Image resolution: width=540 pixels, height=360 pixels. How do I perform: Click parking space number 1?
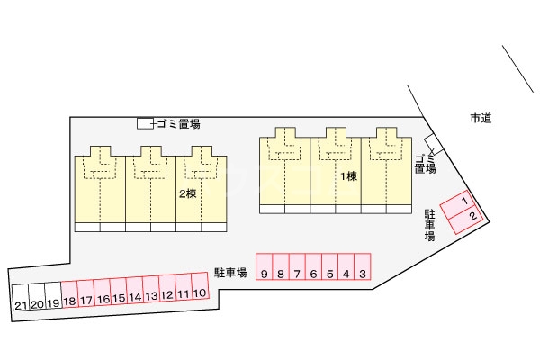(458, 204)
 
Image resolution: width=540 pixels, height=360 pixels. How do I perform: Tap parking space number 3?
(363, 266)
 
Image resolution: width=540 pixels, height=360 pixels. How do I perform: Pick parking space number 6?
(313, 266)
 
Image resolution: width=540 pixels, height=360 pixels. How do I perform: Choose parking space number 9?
(264, 266)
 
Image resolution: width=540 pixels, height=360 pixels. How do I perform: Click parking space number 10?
(200, 285)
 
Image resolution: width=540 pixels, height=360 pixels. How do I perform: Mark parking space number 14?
(135, 291)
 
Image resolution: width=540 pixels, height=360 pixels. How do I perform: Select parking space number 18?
(69, 294)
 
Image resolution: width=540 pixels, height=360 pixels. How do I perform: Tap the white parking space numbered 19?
(53, 296)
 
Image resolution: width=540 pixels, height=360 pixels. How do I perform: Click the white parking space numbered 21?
(21, 298)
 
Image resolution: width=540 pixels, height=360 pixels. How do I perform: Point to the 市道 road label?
(481, 118)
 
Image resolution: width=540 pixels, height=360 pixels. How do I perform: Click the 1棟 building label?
(349, 176)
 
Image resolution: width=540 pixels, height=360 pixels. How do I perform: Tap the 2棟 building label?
(188, 193)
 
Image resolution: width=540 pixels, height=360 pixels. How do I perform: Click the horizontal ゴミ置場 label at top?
(179, 124)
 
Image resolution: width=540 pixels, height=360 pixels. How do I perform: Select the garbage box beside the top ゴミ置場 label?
(145, 123)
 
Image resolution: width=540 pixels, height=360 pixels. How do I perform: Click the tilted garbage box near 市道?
(433, 145)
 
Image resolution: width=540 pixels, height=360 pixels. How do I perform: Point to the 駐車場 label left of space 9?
(230, 272)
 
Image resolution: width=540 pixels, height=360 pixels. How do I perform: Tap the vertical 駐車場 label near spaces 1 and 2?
(429, 225)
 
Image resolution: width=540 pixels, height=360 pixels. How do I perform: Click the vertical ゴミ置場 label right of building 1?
(426, 165)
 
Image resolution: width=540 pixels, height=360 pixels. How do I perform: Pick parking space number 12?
(167, 288)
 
